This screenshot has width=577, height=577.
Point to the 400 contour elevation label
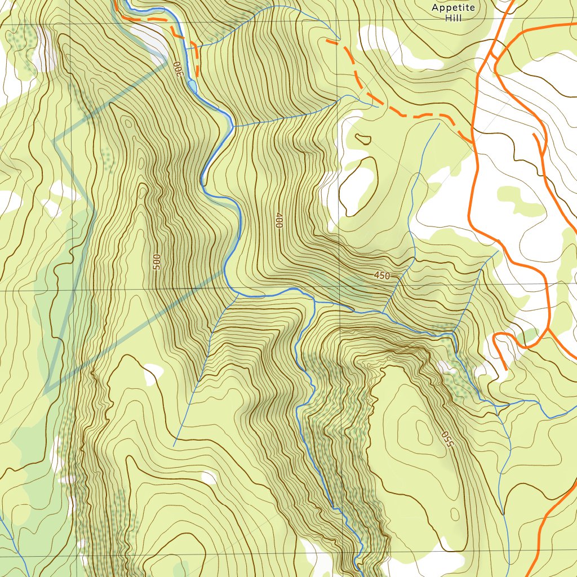278,220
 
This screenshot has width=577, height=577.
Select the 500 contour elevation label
157,261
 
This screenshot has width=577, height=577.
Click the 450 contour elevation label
381,276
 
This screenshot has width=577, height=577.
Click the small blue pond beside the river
193,86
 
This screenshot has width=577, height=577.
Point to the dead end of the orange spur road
505,369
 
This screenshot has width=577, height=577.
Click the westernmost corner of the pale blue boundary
54,141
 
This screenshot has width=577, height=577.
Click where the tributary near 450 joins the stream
383,313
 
